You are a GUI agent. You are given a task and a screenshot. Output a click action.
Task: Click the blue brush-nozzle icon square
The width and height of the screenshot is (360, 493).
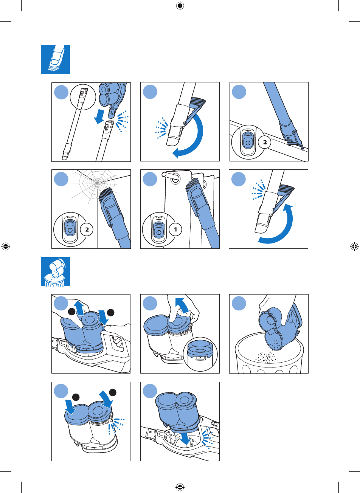point(55,59)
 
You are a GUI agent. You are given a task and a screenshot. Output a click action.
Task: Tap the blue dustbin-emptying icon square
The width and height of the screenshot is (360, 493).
point(55,271)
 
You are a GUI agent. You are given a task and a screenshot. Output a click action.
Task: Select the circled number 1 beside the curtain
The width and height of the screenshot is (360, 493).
point(175,229)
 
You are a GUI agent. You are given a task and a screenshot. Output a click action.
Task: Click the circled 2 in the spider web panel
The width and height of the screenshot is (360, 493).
point(87,229)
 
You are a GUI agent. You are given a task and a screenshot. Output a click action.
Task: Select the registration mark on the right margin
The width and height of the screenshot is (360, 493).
point(354,246)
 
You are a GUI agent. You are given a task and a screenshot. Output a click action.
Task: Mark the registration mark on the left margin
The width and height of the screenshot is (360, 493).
point(6,246)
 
